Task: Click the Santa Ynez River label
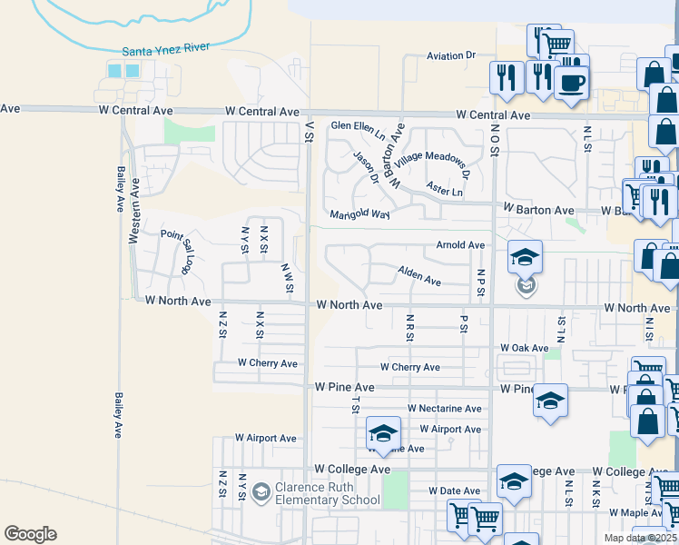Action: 160,53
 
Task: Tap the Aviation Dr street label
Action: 451,56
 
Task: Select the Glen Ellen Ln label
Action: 358,128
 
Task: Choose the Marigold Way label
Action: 360,215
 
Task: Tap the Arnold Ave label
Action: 460,245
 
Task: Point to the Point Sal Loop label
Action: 177,251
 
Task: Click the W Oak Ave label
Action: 525,348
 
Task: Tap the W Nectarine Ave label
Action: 445,410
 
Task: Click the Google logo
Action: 30,534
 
